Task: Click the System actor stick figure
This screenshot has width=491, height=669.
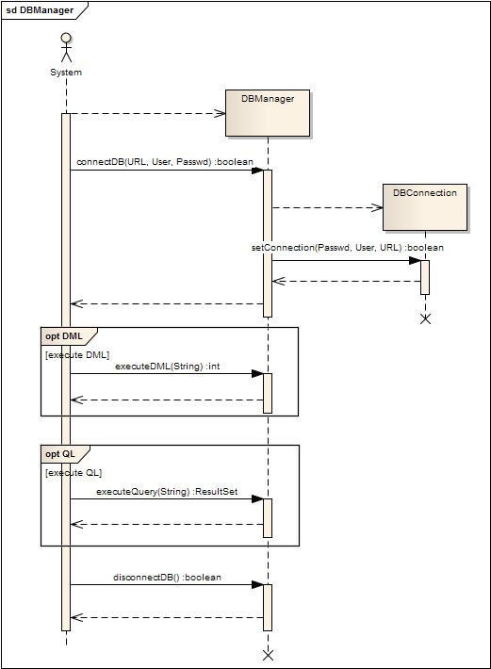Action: click(66, 47)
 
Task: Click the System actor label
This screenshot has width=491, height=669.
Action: click(66, 73)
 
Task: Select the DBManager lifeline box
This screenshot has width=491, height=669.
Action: click(268, 113)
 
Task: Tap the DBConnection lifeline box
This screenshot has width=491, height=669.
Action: click(425, 207)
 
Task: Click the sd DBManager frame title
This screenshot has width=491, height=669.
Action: click(40, 10)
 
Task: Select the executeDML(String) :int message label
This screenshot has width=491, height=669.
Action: click(168, 367)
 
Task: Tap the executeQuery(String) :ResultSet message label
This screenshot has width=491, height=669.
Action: click(167, 492)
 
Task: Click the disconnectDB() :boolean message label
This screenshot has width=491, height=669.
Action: click(167, 578)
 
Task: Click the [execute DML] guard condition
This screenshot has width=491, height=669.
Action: click(77, 355)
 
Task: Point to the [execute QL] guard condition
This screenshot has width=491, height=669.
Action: click(74, 473)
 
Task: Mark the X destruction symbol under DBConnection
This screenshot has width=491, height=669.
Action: click(425, 318)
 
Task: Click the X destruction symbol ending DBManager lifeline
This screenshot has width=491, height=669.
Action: click(268, 656)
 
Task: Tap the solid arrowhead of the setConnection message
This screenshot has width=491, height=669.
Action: click(415, 260)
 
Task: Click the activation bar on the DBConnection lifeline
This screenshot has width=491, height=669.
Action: click(425, 277)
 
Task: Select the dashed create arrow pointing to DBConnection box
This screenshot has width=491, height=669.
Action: click(327, 208)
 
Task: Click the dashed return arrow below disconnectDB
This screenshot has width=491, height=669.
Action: click(167, 617)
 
